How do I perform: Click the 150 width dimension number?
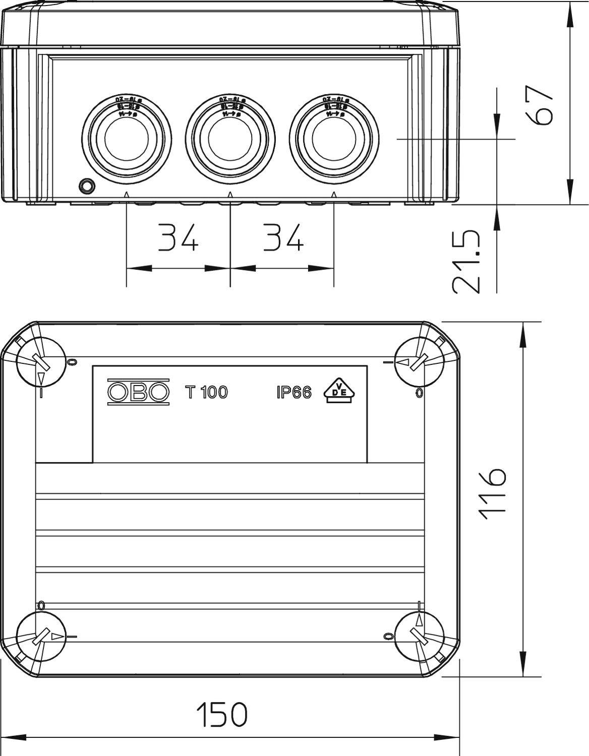click(x=222, y=714)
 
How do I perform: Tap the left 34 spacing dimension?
click(x=178, y=237)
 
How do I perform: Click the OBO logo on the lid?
click(x=138, y=392)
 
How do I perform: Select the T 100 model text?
click(x=207, y=392)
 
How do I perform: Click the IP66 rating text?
click(x=294, y=392)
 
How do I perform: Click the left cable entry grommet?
click(x=127, y=138)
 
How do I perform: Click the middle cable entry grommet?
click(x=230, y=138)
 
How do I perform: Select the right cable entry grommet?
click(x=334, y=138)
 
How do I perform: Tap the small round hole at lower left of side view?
click(x=87, y=185)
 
